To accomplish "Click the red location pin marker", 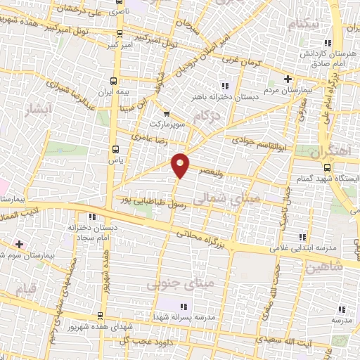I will [181, 164].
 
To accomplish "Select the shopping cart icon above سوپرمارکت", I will [166, 112].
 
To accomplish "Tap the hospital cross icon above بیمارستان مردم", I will [287, 79].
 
